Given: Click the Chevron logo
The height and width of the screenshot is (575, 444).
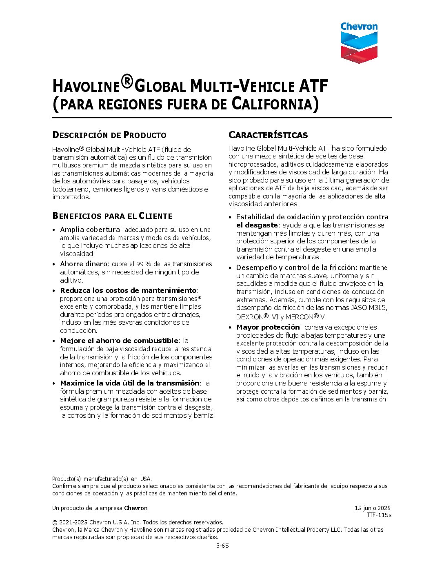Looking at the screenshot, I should point(359,42).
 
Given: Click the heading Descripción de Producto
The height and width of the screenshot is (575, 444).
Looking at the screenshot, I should point(109,135).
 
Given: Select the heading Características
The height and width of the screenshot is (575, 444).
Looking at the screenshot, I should point(268,135).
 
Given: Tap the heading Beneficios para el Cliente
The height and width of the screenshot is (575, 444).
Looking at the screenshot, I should point(112,216).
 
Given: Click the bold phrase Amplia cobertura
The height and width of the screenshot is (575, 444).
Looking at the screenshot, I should point(90,230).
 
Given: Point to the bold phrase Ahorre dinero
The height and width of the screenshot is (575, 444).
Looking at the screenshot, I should point(84,264).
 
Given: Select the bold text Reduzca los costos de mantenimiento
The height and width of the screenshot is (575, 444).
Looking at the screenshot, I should point(128,290).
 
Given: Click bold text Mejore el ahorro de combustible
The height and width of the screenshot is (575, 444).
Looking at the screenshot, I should point(119,341).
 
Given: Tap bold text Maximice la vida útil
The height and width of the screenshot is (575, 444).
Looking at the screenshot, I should point(130,383).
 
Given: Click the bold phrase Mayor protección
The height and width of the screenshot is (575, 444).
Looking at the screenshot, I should point(268,327).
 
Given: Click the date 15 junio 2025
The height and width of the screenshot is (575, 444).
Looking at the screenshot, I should point(372,508).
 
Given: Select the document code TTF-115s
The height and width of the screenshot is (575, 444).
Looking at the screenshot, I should point(379,515).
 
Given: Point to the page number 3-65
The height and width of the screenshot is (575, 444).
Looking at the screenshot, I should point(222,545).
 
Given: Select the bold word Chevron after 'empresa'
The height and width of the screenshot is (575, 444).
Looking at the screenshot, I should point(136,508).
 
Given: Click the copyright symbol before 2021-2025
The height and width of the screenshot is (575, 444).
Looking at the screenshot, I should point(55,522).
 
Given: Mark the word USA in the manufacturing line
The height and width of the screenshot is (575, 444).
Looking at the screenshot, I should point(146,479).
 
